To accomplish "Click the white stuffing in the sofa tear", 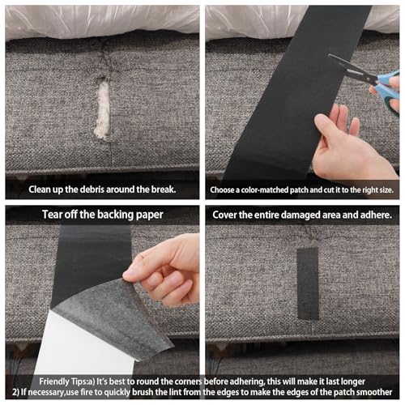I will (x=103, y=110).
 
